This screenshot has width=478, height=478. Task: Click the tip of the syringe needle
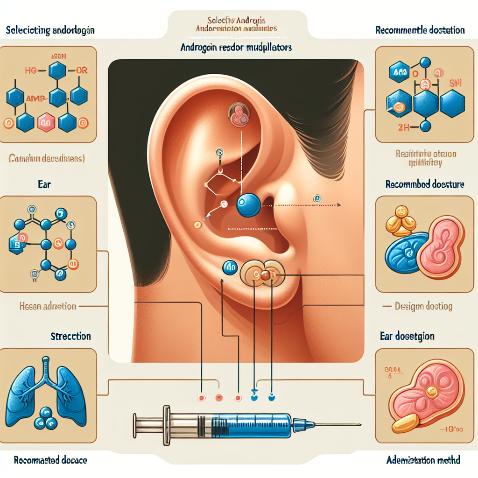(x=360, y=425)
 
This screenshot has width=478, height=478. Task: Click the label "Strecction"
(x=70, y=336)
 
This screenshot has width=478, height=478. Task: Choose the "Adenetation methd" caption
(x=423, y=460)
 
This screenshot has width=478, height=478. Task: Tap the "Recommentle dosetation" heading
(x=420, y=30)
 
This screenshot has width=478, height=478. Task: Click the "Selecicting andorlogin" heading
(x=51, y=31)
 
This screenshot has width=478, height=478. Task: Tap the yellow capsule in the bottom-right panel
(x=405, y=423)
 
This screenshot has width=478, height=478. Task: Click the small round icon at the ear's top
(x=238, y=114)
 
